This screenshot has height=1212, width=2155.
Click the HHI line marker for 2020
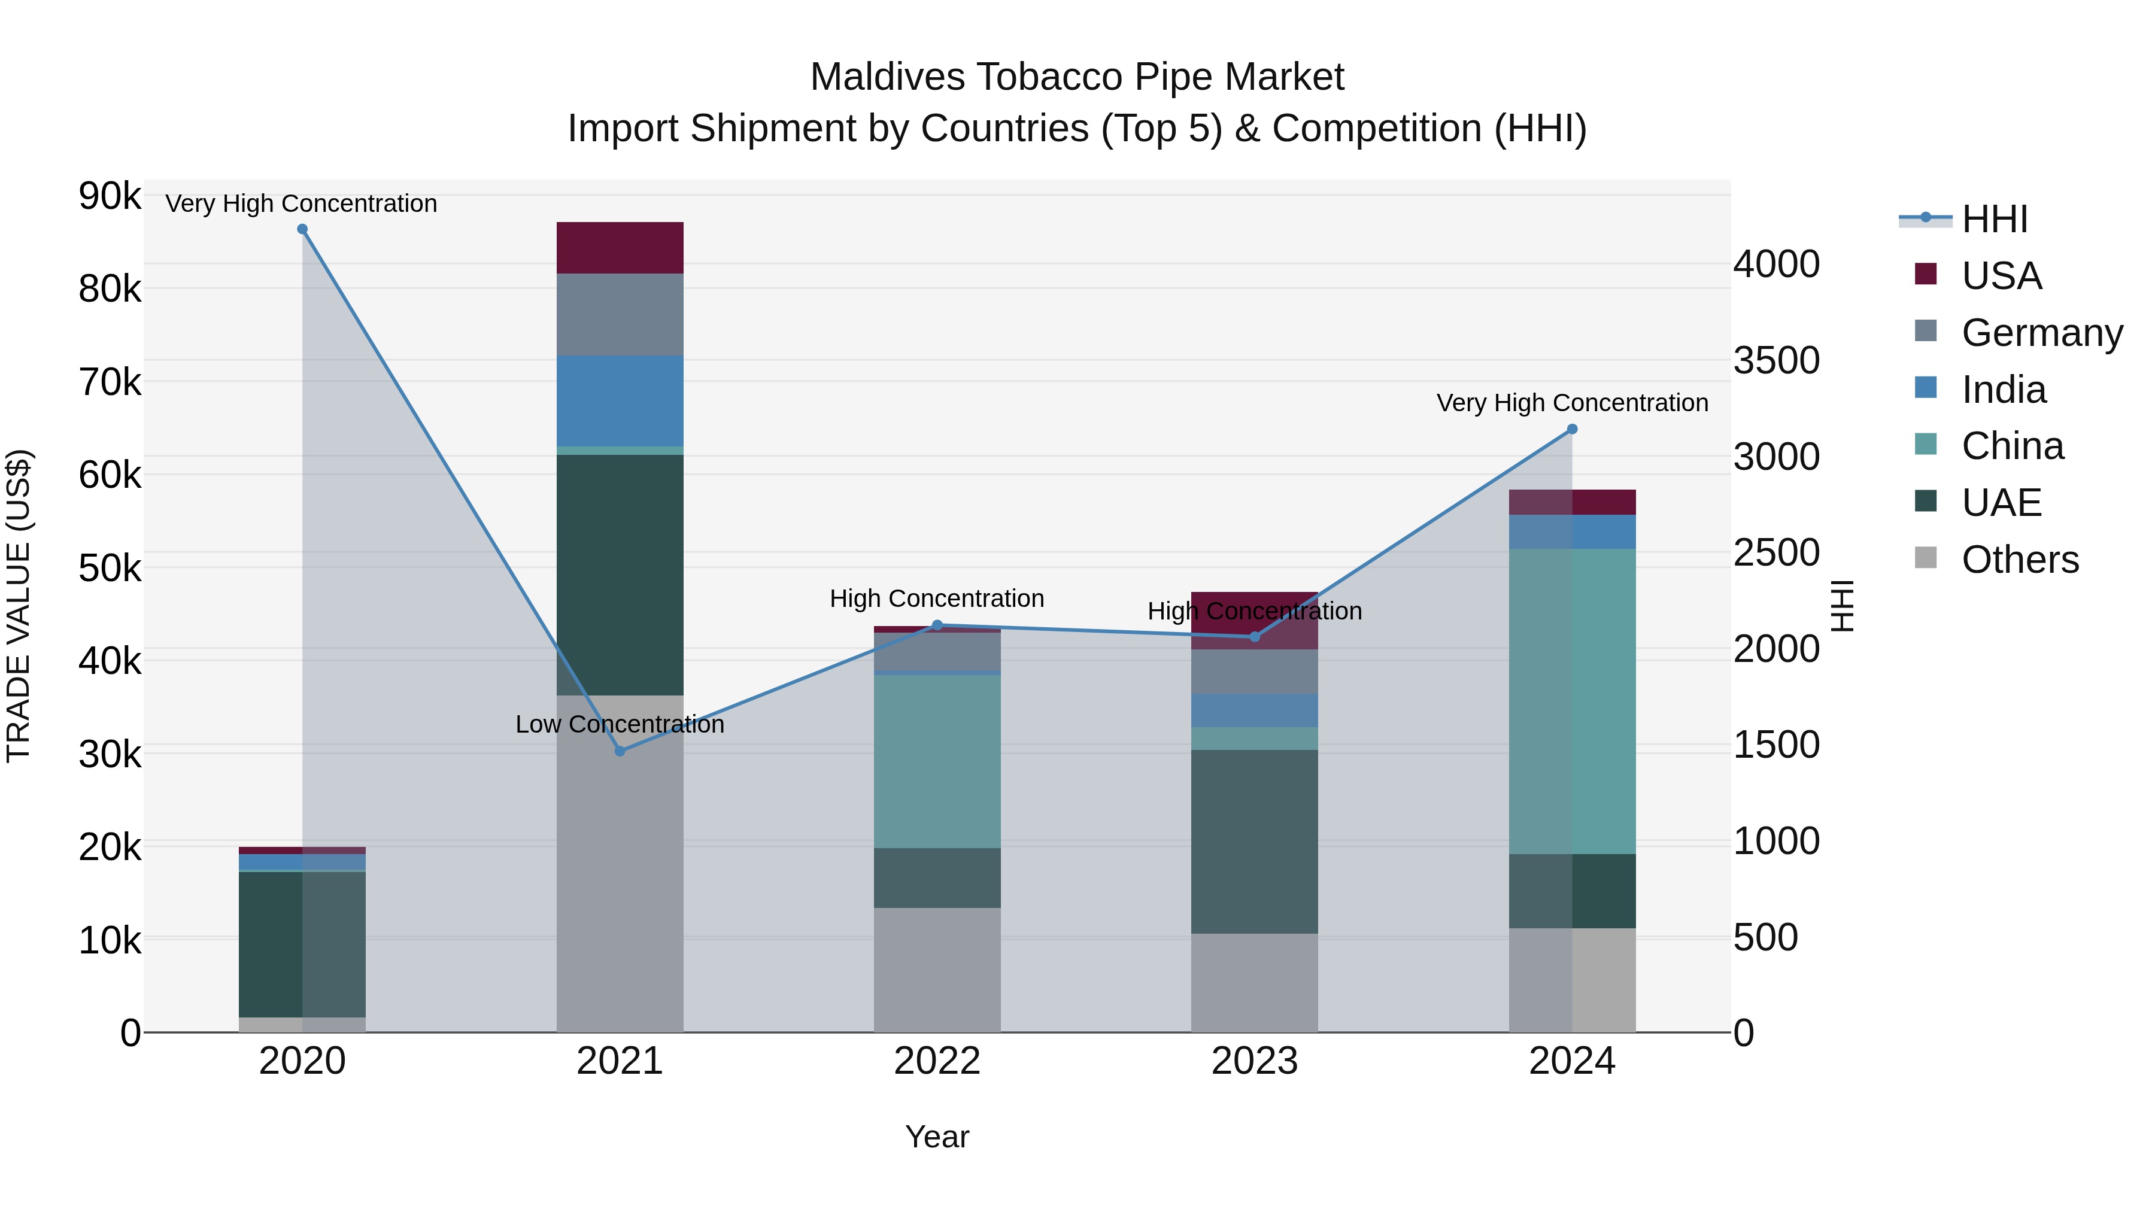pyautogui.click(x=302, y=229)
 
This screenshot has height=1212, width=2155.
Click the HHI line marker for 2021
pyautogui.click(x=620, y=751)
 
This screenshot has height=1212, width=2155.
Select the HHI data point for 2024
pyautogui.click(x=1572, y=429)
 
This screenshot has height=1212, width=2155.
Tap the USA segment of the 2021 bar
pyautogui.click(x=620, y=248)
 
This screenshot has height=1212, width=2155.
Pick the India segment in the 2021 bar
pyautogui.click(x=620, y=400)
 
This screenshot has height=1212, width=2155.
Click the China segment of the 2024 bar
pyautogui.click(x=1572, y=701)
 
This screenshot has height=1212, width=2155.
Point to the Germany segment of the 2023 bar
pyautogui.click(x=1254, y=672)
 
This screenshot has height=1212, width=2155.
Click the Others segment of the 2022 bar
pyautogui.click(x=937, y=970)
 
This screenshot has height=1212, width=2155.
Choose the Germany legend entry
pyautogui.click(x=2041, y=333)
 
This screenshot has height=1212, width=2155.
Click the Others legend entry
pyautogui.click(x=2020, y=560)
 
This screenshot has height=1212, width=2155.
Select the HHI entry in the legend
pyautogui.click(x=1995, y=219)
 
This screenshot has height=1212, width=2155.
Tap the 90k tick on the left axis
pyautogui.click(x=110, y=196)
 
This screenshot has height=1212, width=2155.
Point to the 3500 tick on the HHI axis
pyautogui.click(x=1776, y=360)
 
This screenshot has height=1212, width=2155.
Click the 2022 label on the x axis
pyautogui.click(x=937, y=1061)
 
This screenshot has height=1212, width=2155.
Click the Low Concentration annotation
pyautogui.click(x=620, y=724)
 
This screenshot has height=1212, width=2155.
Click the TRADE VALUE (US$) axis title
pyautogui.click(x=19, y=606)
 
